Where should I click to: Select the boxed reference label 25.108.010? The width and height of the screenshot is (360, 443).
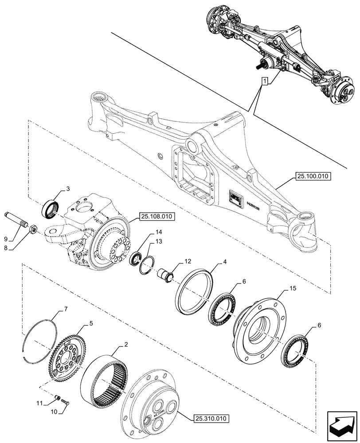[157, 217]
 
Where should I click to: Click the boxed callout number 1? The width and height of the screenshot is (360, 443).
[265, 81]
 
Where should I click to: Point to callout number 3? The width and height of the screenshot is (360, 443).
[68, 189]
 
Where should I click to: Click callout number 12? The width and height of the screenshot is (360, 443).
[188, 262]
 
